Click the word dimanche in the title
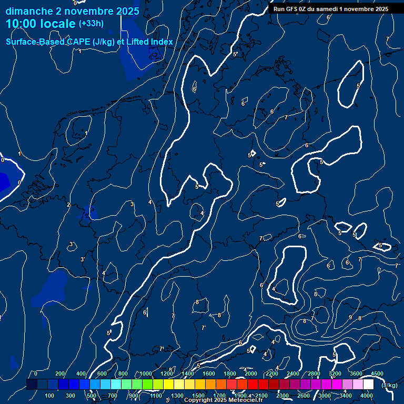[30, 11]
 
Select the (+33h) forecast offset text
[91, 24]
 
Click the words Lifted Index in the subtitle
[150, 42]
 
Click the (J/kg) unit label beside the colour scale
[389, 386]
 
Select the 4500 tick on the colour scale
[377, 374]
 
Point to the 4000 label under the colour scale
[367, 396]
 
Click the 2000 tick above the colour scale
[250, 374]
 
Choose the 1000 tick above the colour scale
[146, 374]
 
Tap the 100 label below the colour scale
[49, 396]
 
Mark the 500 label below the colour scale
[92, 396]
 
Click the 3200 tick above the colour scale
[335, 374]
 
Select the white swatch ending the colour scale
[368, 385]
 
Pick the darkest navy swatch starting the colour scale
[32, 385]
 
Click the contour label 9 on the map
[350, 317]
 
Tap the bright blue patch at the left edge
[3, 182]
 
